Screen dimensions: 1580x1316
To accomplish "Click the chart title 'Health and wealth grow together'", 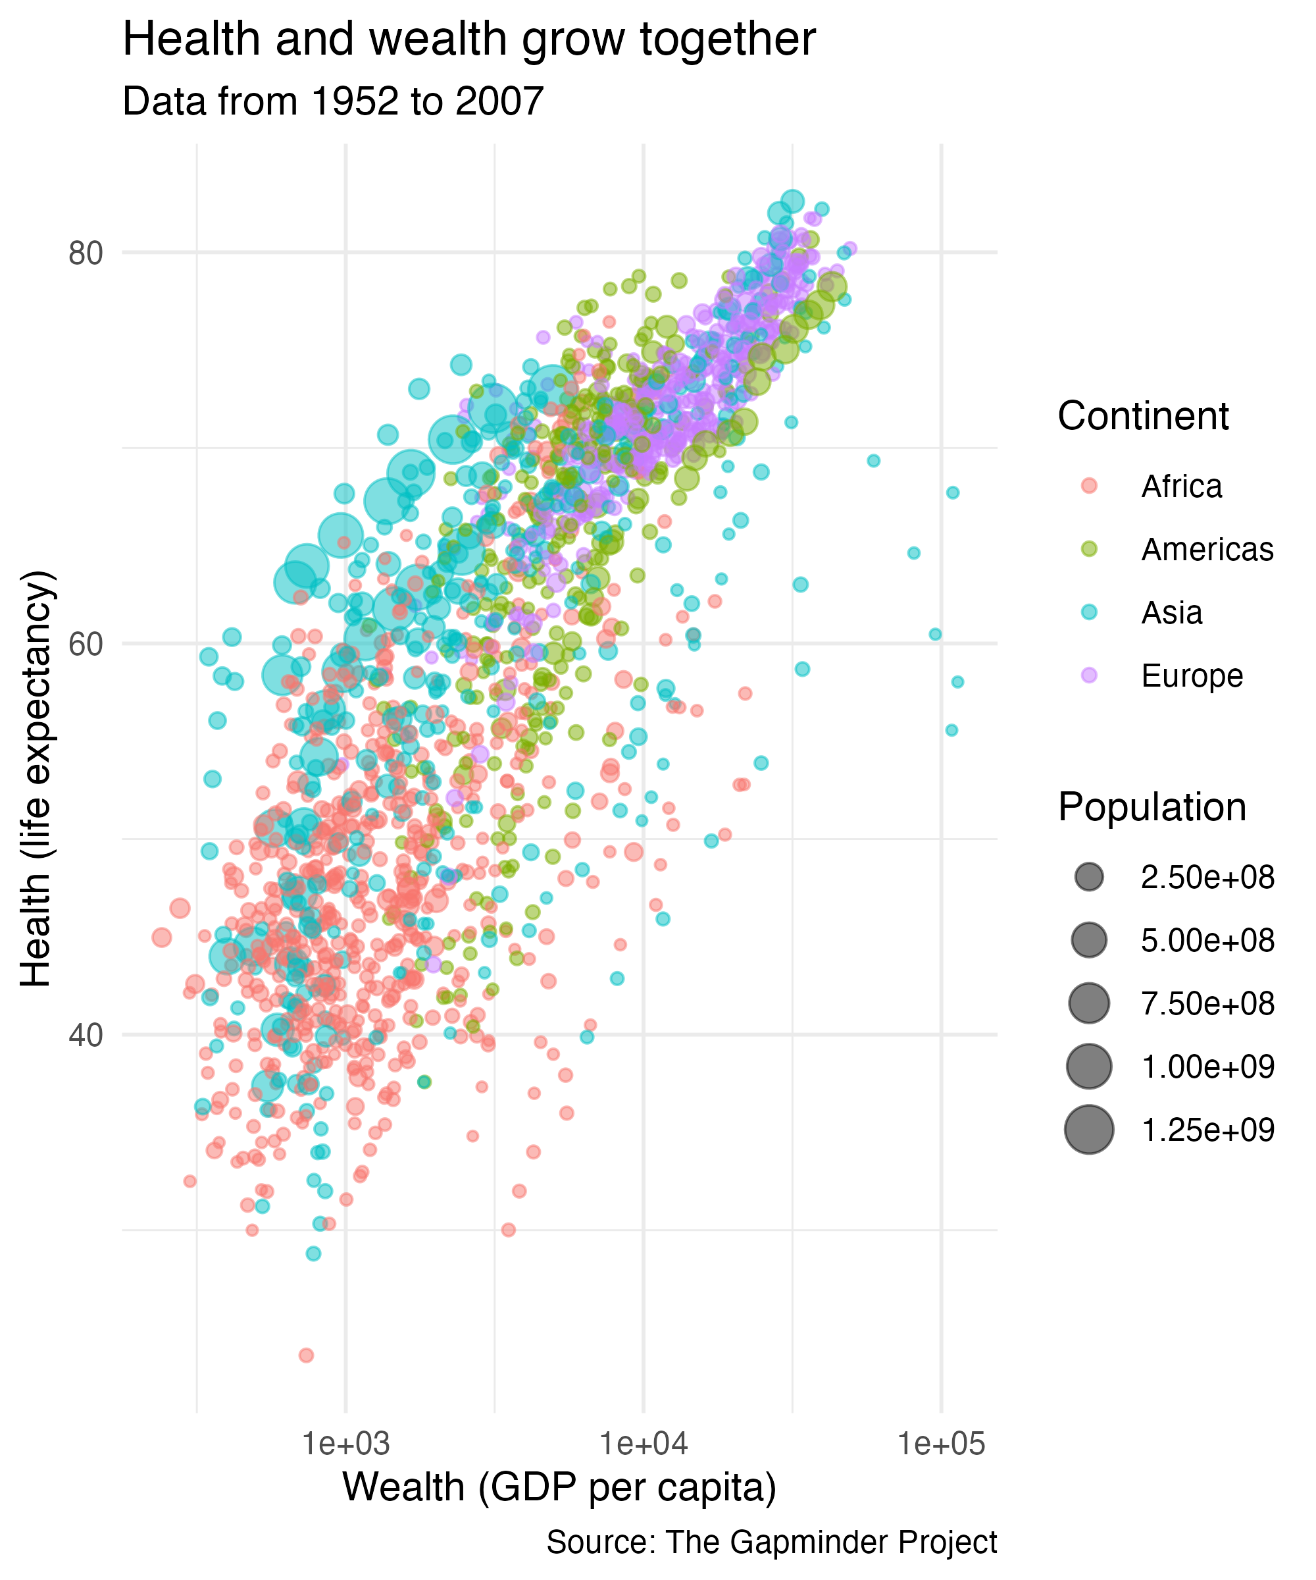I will click(468, 39).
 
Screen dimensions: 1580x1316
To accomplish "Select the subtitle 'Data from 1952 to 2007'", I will click(332, 101).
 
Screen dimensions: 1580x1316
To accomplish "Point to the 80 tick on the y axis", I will click(85, 253).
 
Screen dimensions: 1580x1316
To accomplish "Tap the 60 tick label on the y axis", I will click(85, 645).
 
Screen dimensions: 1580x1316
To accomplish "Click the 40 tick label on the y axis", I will click(85, 1036).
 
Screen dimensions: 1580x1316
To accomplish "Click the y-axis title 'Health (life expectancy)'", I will click(36, 779).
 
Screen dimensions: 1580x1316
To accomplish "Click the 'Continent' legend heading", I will click(1142, 416).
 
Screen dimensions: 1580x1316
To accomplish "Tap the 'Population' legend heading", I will click(1151, 807).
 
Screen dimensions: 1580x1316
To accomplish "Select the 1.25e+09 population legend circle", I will click(1089, 1130).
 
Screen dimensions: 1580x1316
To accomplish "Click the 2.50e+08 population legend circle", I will click(1089, 878).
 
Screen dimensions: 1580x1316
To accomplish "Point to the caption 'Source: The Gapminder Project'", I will click(772, 1542).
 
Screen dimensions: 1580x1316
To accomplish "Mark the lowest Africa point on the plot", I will click(306, 1355).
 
